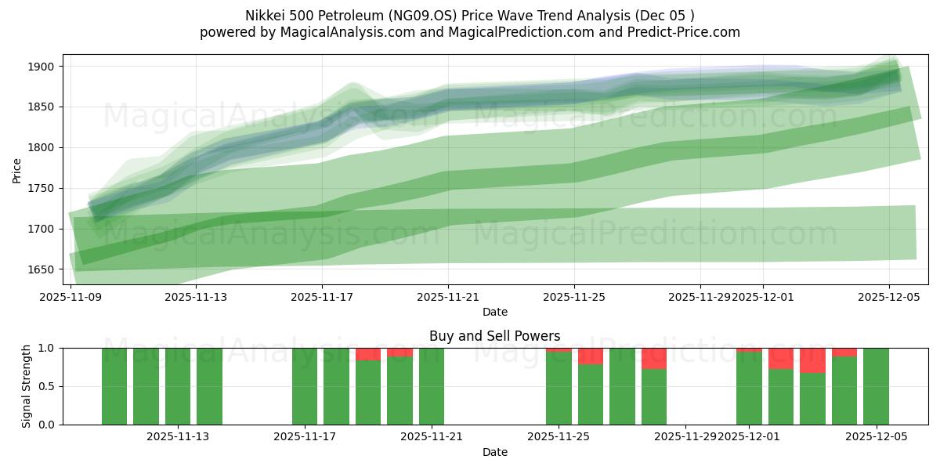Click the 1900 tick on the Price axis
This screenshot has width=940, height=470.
tap(42, 67)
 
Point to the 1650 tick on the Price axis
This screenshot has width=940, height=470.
tap(42, 269)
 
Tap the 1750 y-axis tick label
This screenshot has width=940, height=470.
tap(42, 188)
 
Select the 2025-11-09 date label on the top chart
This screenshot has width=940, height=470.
tap(70, 297)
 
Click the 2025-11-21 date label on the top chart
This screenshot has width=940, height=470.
tap(448, 297)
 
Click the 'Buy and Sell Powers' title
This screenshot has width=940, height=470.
tap(494, 336)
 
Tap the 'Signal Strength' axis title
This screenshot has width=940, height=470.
tap(27, 386)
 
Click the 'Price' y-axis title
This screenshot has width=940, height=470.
tap(17, 169)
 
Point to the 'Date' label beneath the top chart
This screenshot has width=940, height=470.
tap(494, 312)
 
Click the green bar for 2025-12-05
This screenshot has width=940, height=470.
tap(876, 386)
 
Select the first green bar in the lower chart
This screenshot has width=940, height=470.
tap(114, 386)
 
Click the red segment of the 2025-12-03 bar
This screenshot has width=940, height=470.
tap(812, 360)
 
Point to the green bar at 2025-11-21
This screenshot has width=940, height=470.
tap(432, 386)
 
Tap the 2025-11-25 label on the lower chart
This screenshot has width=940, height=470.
tap(559, 437)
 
